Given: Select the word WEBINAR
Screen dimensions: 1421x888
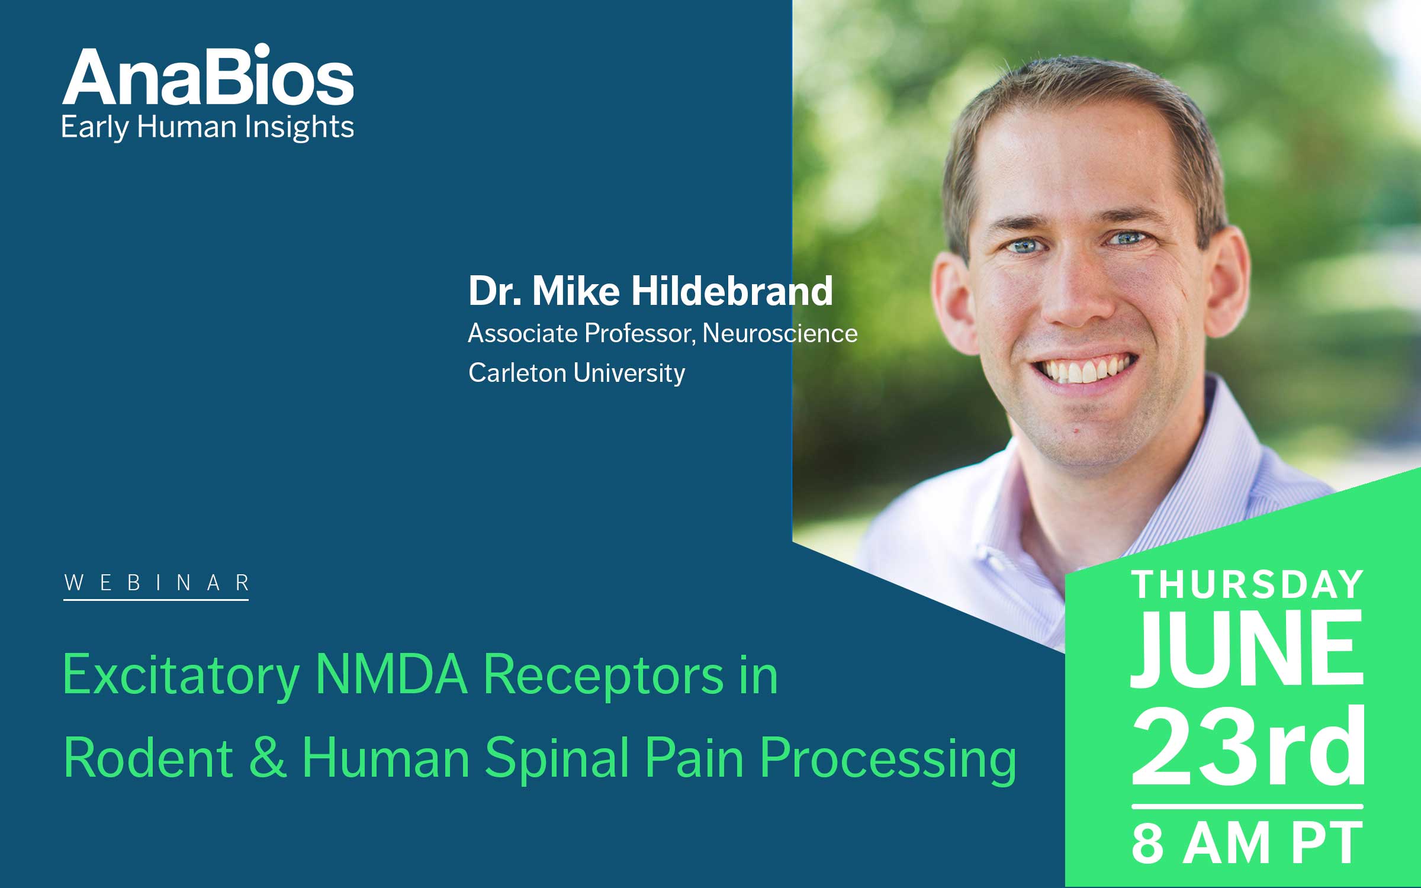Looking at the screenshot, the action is [x=156, y=583].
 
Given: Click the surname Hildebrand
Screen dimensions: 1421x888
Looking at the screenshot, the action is [x=732, y=291].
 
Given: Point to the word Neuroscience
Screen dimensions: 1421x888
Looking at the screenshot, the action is [x=780, y=333].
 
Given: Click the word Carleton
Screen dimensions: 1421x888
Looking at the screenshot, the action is [x=517, y=373].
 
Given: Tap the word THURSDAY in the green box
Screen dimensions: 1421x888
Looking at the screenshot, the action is [x=1248, y=585].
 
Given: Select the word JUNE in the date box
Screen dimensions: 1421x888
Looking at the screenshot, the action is [x=1248, y=648].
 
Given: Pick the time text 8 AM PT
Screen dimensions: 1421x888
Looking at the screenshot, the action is [x=1248, y=843].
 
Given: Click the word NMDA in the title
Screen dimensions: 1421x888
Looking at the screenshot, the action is [x=391, y=674].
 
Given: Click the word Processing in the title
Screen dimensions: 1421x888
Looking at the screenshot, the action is [x=888, y=762].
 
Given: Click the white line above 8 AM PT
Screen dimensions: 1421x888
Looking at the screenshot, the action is [x=1248, y=806].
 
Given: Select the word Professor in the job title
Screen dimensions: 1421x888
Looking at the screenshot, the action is [x=638, y=333].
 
